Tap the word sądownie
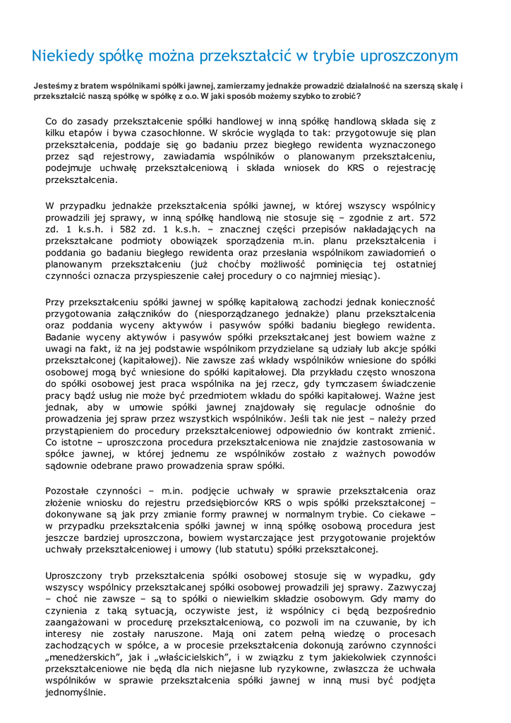tap(67, 466)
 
